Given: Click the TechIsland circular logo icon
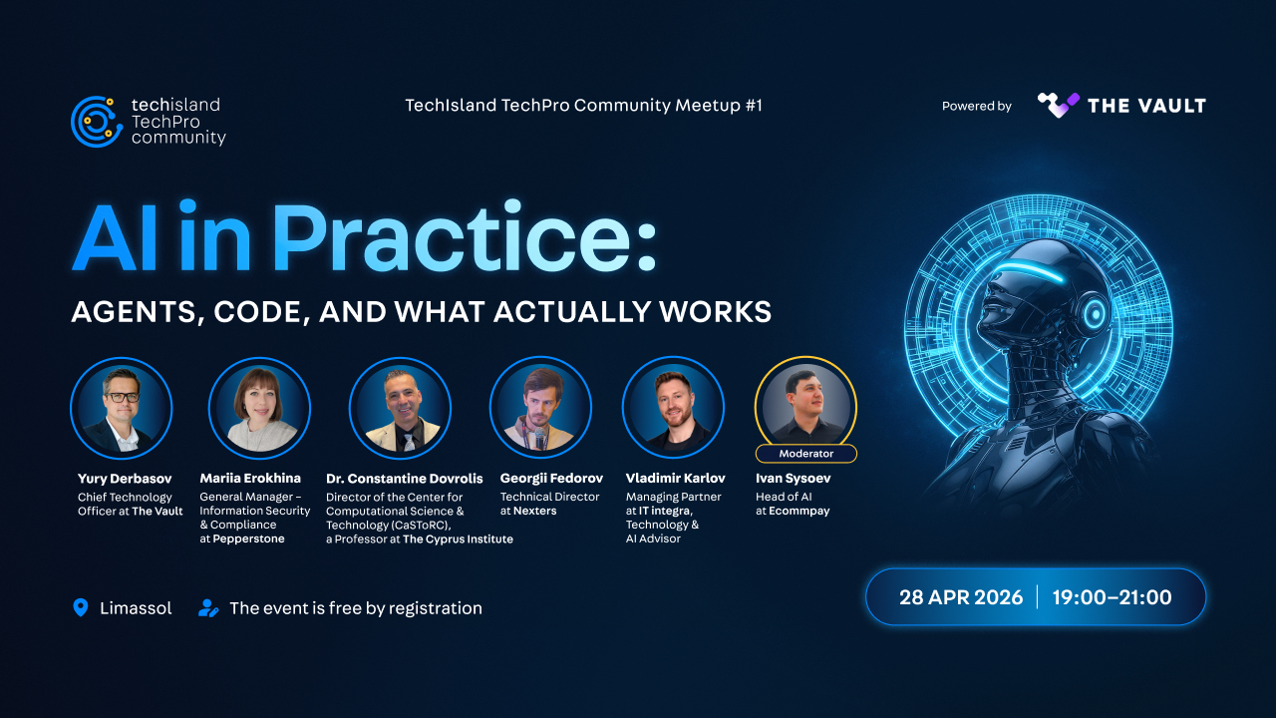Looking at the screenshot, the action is [97, 122].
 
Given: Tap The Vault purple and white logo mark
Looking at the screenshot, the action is [1058, 105].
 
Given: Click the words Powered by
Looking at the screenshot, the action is [976, 106].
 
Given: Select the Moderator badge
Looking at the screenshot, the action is [806, 454].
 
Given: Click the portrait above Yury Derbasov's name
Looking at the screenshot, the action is [122, 408].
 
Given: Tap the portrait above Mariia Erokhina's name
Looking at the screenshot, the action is [260, 408].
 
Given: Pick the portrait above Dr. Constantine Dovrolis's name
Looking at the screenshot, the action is [400, 408].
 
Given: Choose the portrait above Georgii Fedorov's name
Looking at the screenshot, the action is [540, 408].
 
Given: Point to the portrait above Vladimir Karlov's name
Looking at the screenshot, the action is [673, 408].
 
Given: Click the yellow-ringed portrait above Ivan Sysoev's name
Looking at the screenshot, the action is [806, 404].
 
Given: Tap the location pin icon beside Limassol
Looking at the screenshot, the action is [81, 607].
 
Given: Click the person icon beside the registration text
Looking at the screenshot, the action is [208, 608].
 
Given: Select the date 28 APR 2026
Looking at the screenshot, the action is [961, 597].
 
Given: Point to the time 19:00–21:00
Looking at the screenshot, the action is [1112, 597].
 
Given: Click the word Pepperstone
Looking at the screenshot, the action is [248, 538].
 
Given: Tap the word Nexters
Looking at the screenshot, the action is [535, 511].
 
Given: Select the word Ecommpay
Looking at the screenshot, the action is [799, 511].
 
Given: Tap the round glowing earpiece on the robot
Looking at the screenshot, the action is [1094, 313].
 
